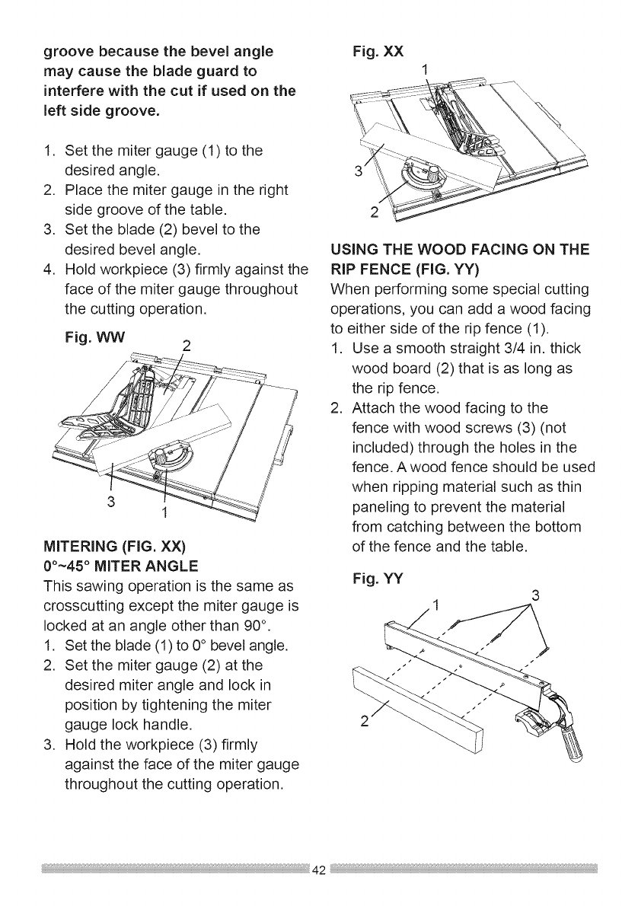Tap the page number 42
click(320, 871)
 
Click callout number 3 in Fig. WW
click(110, 502)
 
